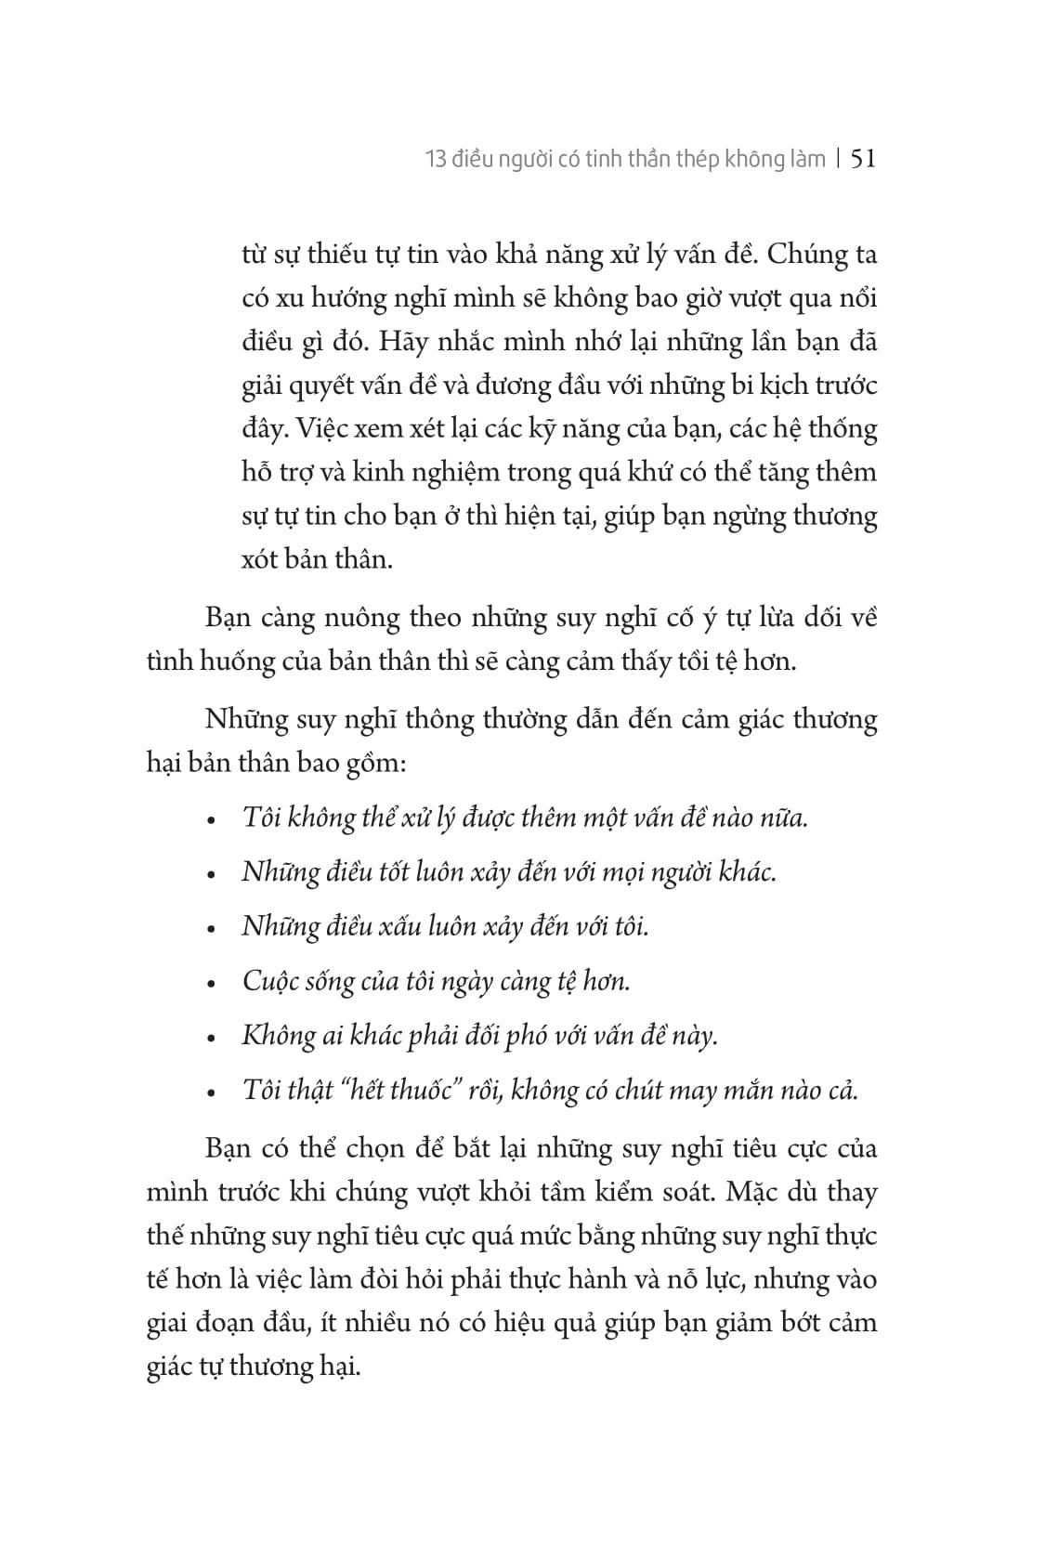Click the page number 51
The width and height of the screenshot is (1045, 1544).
[x=863, y=159]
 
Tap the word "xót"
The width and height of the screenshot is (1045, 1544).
[x=259, y=560]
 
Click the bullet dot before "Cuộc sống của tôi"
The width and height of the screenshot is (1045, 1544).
[x=214, y=984]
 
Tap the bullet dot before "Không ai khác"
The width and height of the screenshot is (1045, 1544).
[x=214, y=1038]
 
